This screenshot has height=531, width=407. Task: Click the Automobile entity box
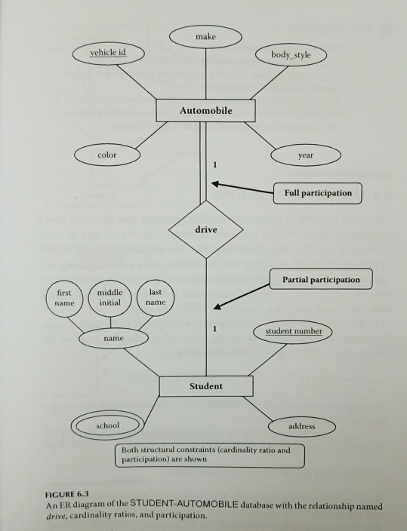205,112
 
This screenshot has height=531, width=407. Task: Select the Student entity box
205,385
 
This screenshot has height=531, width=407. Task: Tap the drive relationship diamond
205,227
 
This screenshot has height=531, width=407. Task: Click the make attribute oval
206,37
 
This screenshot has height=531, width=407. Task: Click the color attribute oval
106,154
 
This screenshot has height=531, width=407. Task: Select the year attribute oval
306,155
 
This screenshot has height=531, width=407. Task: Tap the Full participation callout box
318,193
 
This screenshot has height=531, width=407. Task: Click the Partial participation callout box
321,280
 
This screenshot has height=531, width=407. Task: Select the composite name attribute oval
114,339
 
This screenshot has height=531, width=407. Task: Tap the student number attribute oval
293,331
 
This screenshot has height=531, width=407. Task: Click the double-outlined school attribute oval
107,425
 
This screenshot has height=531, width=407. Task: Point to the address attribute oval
301,426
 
